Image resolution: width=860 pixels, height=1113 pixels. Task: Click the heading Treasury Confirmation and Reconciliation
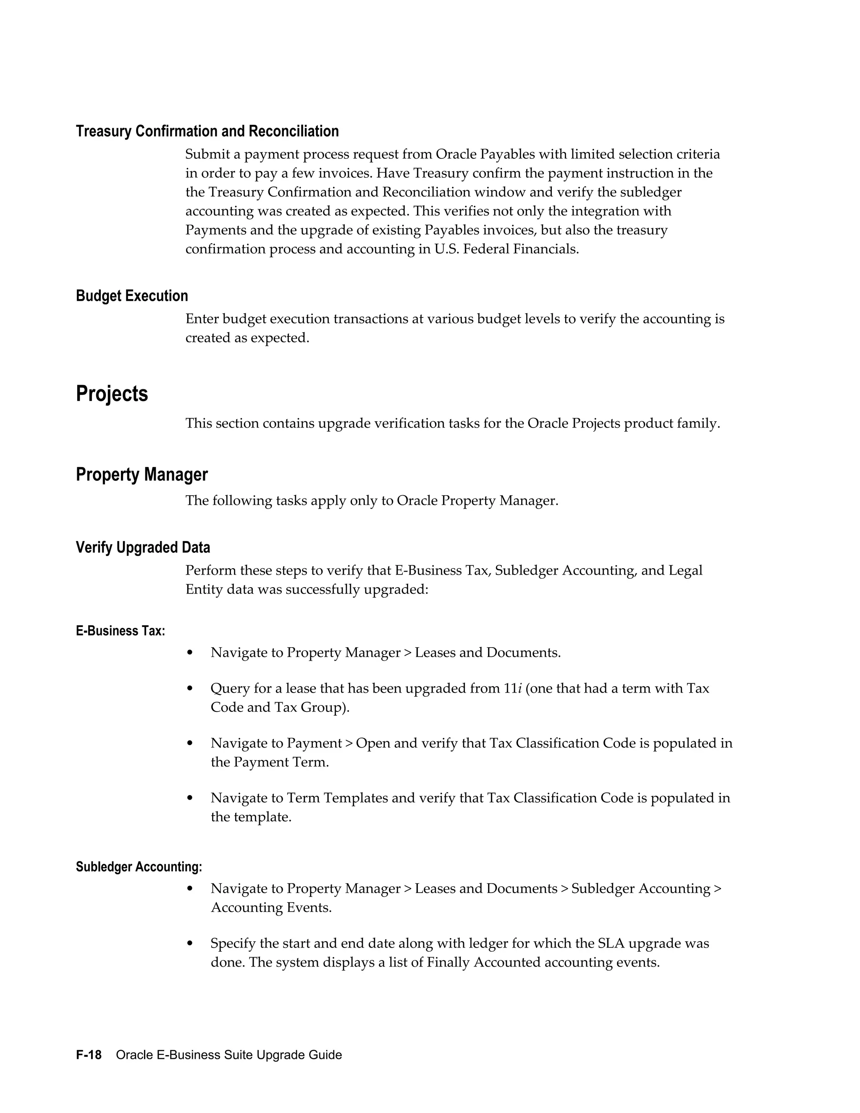(207, 131)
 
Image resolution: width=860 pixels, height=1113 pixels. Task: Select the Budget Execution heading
(131, 296)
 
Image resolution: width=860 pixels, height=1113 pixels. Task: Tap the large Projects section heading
(112, 394)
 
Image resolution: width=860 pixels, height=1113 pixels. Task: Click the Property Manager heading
(142, 475)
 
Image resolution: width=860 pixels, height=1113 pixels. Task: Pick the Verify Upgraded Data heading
(143, 547)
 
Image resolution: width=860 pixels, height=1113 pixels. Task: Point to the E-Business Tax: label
(120, 631)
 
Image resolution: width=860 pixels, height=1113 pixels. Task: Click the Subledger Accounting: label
(139, 867)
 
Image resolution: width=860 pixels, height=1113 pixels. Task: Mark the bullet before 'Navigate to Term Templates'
(190, 798)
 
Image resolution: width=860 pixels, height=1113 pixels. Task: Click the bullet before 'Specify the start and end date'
(190, 944)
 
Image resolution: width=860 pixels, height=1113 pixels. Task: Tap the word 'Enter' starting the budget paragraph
(202, 319)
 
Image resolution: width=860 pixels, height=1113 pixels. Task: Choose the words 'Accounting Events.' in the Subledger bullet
(271, 908)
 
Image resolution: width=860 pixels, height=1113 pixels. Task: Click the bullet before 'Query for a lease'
(190, 689)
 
